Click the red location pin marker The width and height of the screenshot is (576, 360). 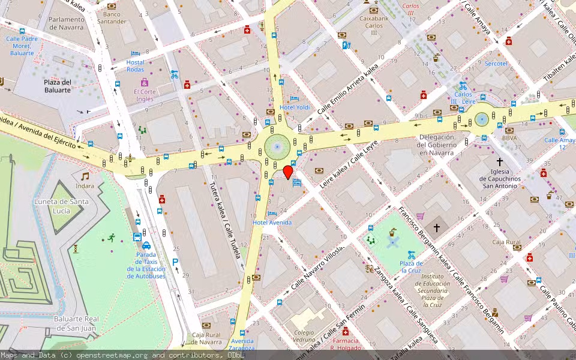click(x=288, y=172)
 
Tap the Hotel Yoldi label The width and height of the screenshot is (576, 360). click(x=295, y=107)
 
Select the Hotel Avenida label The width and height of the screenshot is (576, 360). click(x=272, y=223)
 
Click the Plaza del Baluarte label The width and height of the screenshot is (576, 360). click(x=58, y=86)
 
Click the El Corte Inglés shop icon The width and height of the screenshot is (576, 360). click(x=145, y=82)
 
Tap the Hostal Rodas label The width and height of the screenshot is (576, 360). click(x=135, y=66)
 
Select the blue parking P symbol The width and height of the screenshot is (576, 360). click(x=175, y=262)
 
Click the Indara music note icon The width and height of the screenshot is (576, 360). click(x=85, y=176)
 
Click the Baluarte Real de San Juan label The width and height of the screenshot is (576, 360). click(x=76, y=323)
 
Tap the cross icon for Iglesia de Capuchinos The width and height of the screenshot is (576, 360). click(x=499, y=161)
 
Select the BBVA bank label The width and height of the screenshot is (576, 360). click(x=509, y=138)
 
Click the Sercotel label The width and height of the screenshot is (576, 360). click(x=496, y=63)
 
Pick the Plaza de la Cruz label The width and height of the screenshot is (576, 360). click(x=411, y=267)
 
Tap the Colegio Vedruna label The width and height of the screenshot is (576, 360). click(x=304, y=336)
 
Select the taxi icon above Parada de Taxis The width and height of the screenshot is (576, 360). click(x=146, y=245)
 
